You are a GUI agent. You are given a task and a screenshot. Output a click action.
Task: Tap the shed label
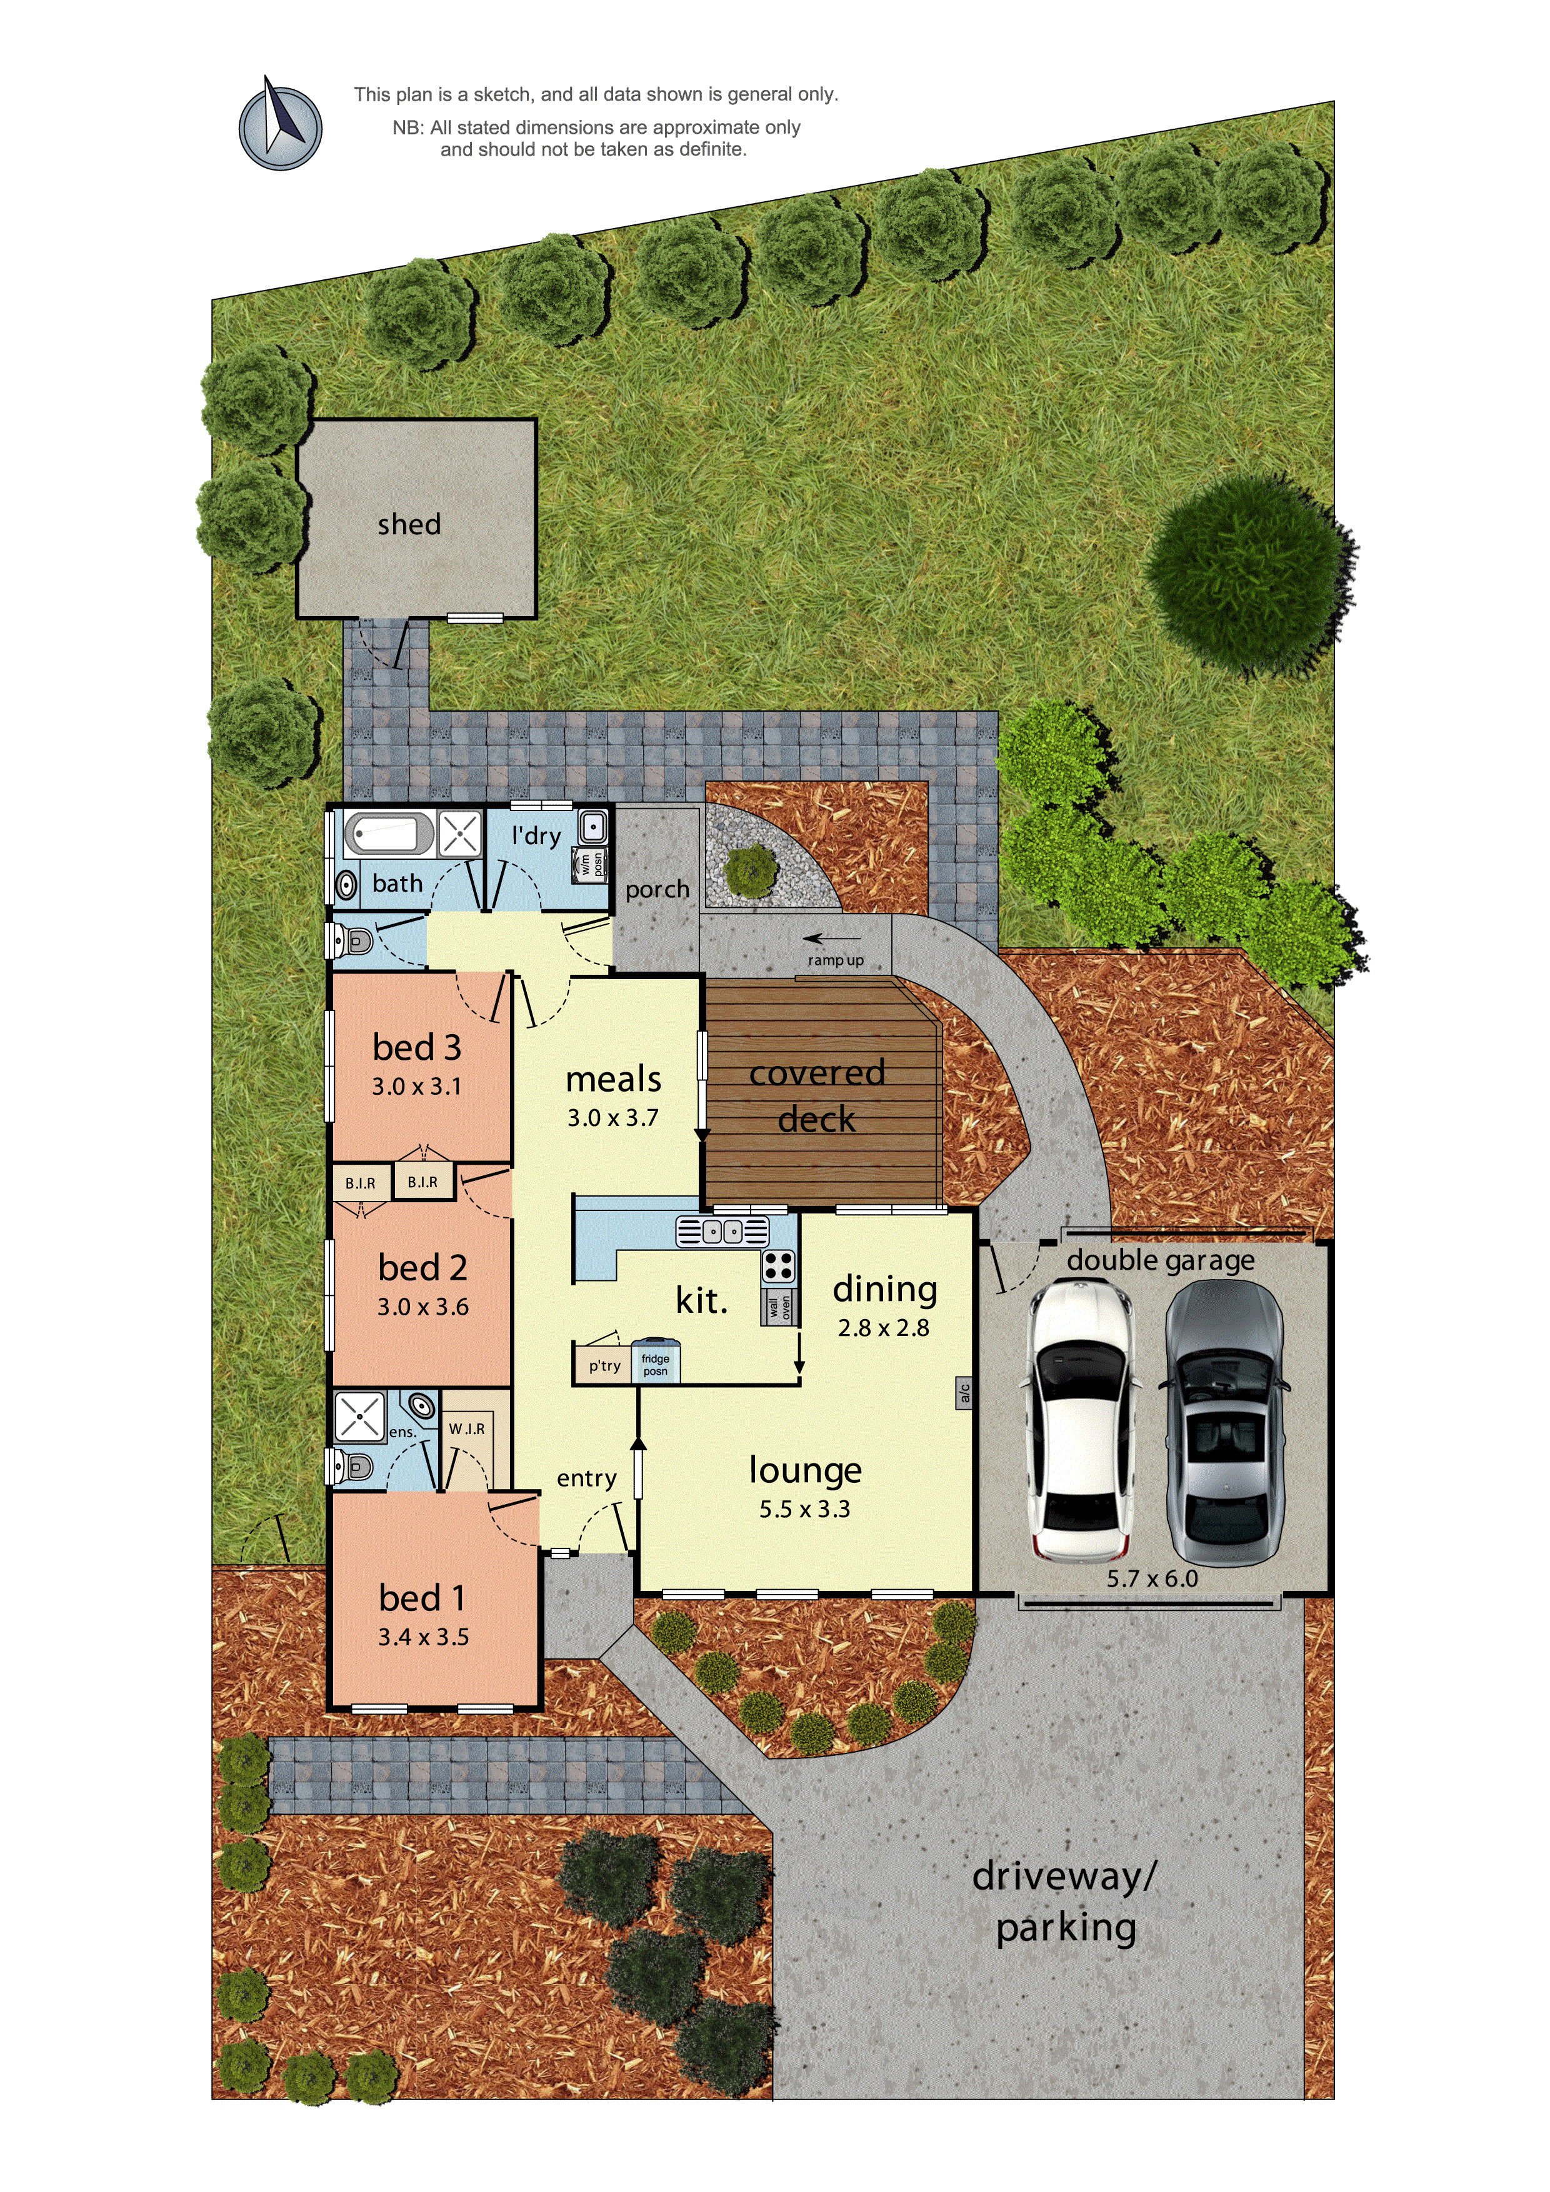[409, 524]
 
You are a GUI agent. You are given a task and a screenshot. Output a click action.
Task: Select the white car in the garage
[1082, 1420]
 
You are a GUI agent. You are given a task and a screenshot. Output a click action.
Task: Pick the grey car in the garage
[1223, 1420]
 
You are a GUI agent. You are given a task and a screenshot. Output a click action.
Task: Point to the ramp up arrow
[832, 939]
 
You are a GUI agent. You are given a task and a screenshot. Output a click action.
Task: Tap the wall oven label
[779, 1306]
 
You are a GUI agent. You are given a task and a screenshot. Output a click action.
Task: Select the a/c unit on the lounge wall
[964, 1393]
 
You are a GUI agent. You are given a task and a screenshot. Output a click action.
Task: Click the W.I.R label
[467, 1428]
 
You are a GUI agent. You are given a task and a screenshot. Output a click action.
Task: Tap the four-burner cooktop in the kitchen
[778, 1266]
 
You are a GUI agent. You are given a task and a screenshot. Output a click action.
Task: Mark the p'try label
[604, 1365]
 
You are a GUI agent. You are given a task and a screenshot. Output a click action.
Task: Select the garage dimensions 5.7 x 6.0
[1152, 1578]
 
